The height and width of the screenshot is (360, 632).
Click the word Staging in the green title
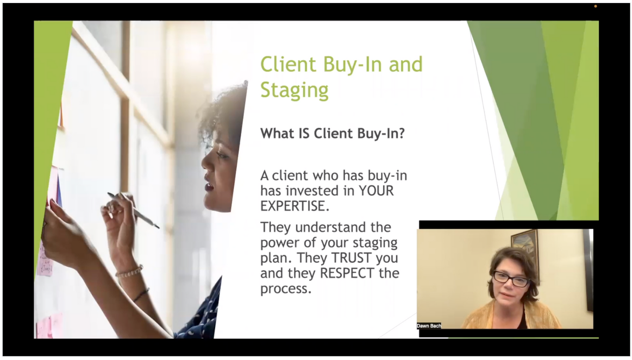coord(294,90)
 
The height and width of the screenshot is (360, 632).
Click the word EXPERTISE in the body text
coord(293,206)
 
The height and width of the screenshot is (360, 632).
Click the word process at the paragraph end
coord(285,289)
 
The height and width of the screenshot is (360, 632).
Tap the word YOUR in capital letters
coord(376,191)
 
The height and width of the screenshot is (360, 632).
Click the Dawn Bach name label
coord(429,326)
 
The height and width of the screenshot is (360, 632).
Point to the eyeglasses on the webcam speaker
coord(511,279)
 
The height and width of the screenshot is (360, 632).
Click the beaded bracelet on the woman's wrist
coord(129,271)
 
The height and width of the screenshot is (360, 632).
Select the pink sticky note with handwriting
coord(45,262)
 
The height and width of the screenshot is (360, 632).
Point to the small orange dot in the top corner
coord(595,6)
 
